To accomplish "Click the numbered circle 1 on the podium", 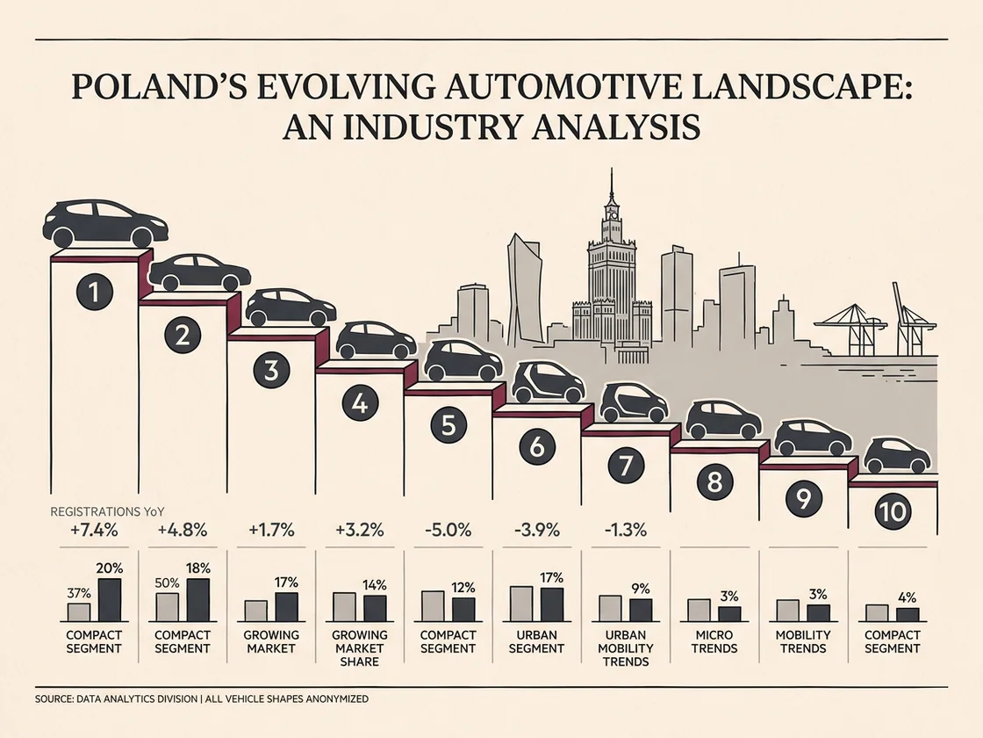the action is pos(94,292).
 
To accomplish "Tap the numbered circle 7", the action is pos(626,466).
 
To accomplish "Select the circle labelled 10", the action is pos(892,512).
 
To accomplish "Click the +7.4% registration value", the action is pos(94,531).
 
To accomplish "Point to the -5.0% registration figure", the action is pos(448,531).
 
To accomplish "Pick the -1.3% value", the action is pos(625,531).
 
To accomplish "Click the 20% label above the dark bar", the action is pos(109,568).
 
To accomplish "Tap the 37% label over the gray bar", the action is pos(79,593).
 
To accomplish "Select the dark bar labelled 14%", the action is pos(375,608).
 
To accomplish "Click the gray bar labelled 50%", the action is pos(167,607).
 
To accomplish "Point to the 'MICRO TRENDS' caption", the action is pos(714,641).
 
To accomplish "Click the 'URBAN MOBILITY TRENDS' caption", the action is pos(626,648).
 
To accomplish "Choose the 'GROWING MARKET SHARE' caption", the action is pos(359,648).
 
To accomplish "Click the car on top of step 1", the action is pos(104,223).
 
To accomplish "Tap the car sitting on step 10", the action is pos(897,455).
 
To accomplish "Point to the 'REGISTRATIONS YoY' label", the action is pos(106,511).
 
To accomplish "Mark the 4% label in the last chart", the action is pos(907,597).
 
